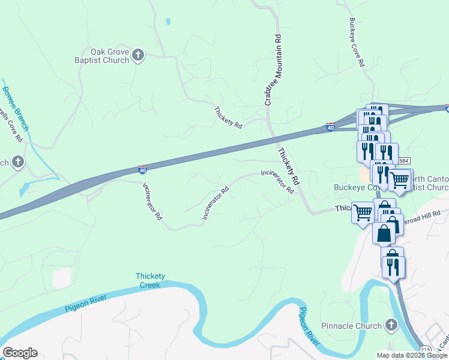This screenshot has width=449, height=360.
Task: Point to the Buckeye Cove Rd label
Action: [x=357, y=41]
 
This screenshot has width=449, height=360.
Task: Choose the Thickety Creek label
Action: [x=150, y=280]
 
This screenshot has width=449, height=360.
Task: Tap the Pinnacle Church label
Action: [x=351, y=326]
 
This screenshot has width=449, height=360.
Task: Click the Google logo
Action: [x=20, y=353]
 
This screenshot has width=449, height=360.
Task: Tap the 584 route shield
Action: [x=403, y=160]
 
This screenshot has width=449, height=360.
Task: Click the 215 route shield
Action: [x=426, y=350]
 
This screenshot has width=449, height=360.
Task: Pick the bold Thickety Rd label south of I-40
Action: [x=288, y=166]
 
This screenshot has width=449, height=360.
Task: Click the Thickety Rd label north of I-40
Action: [x=228, y=118]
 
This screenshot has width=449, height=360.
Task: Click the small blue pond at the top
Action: [x=168, y=22]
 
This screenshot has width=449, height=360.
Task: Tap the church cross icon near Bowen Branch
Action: [x=18, y=162]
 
